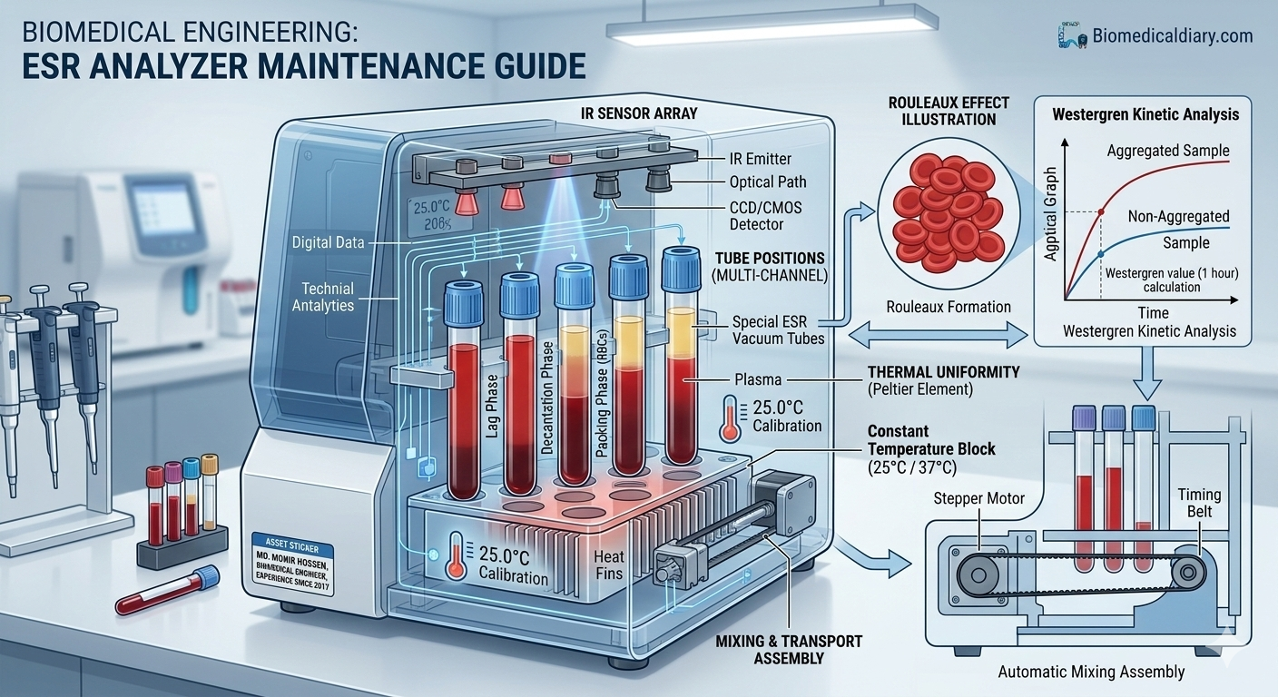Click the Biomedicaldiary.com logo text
tap(1173, 36)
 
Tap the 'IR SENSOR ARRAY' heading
tap(639, 114)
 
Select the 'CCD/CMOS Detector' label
tap(766, 216)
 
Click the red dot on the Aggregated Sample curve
tap(1101, 212)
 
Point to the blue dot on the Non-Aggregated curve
tap(1101, 254)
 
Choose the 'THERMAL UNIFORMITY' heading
tap(944, 372)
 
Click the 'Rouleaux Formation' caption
tap(949, 307)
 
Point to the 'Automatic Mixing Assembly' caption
tap(1091, 672)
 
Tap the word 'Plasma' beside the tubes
tap(758, 379)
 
